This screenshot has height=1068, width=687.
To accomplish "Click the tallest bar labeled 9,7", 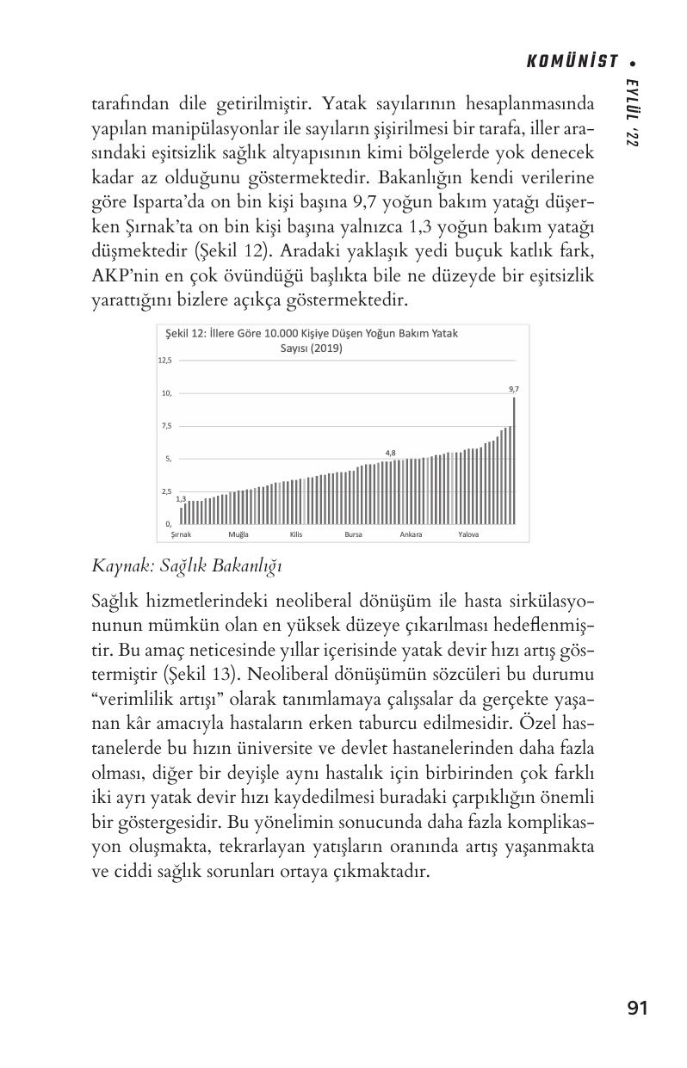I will point(514,460).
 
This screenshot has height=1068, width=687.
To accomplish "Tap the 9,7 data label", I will point(514,389).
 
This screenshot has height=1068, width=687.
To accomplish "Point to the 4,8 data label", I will point(390,453).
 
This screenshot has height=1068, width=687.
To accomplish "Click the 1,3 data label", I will point(181,499).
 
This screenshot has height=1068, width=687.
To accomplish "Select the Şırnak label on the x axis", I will point(181,534).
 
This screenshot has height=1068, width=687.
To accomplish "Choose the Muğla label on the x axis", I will point(238,534).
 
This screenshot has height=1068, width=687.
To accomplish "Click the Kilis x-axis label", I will point(296,534).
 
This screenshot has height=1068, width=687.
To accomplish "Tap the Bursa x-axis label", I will point(353,534).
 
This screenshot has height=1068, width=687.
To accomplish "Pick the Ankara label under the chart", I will point(411,534).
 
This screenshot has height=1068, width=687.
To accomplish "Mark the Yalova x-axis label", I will point(468,534).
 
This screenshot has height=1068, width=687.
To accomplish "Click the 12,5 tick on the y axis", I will point(164,361).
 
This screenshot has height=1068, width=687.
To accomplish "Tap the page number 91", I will point(637,1009).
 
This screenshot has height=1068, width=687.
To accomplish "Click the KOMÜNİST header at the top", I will point(572,61).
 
